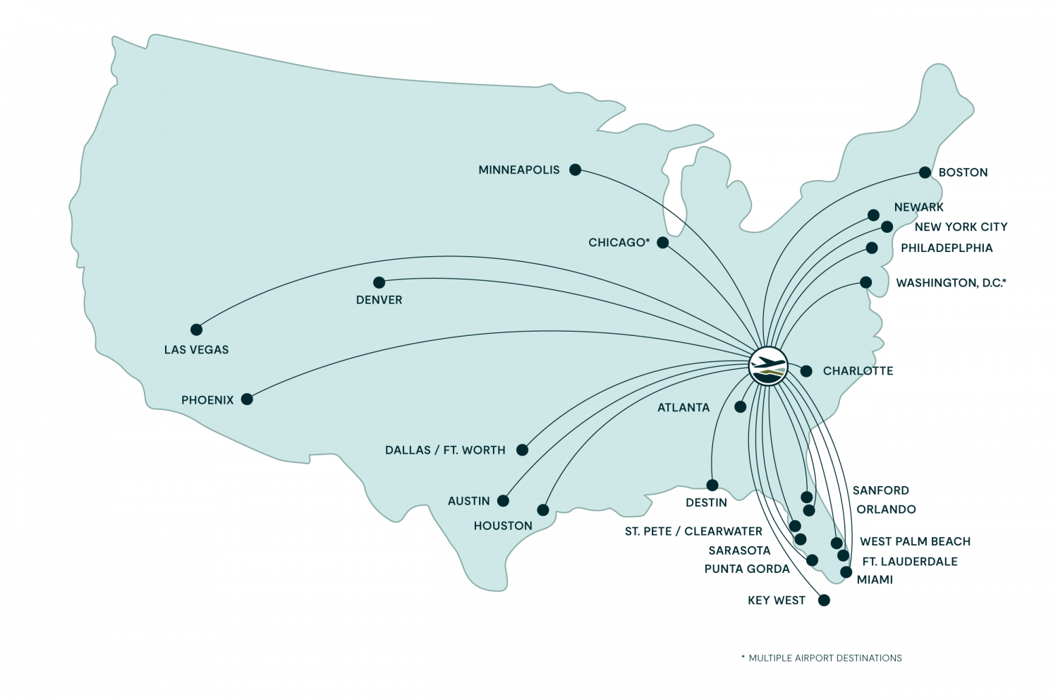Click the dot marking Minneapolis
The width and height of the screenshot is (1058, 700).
click(x=575, y=169)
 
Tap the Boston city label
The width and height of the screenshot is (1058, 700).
click(x=963, y=173)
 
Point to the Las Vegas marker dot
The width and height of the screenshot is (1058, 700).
click(x=196, y=330)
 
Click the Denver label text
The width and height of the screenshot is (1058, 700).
click(x=379, y=300)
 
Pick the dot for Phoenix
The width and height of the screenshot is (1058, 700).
click(x=246, y=399)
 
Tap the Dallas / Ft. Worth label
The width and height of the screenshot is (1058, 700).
click(x=445, y=450)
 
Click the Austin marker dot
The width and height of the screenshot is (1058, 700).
click(x=503, y=500)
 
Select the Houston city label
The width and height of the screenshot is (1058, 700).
click(x=503, y=526)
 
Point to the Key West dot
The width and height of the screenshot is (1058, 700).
click(x=823, y=601)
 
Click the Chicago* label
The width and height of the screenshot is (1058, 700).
click(x=619, y=243)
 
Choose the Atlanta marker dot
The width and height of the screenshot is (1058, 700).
click(x=740, y=406)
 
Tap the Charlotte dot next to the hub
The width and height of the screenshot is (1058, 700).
click(x=806, y=371)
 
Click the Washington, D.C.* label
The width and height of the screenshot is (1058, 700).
click(x=951, y=283)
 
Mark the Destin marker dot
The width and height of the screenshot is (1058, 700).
click(x=712, y=485)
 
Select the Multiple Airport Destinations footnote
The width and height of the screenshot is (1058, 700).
click(x=822, y=658)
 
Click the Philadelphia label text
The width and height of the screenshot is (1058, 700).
click(x=947, y=248)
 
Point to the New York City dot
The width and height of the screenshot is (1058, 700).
click(x=887, y=227)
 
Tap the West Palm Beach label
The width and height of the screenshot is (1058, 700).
click(x=915, y=541)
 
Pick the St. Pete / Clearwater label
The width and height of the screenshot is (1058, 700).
click(x=693, y=531)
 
